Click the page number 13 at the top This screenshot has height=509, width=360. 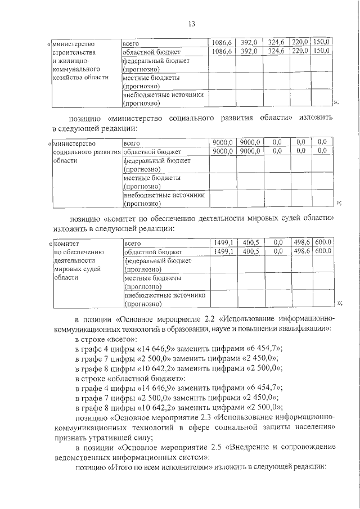[x=191, y=24]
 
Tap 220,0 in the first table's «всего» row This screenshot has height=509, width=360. [x=299, y=42]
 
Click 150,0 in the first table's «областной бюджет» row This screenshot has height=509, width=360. [x=322, y=51]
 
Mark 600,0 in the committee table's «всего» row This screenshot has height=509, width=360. [x=323, y=242]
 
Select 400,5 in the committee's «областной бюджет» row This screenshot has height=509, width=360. [x=250, y=251]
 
